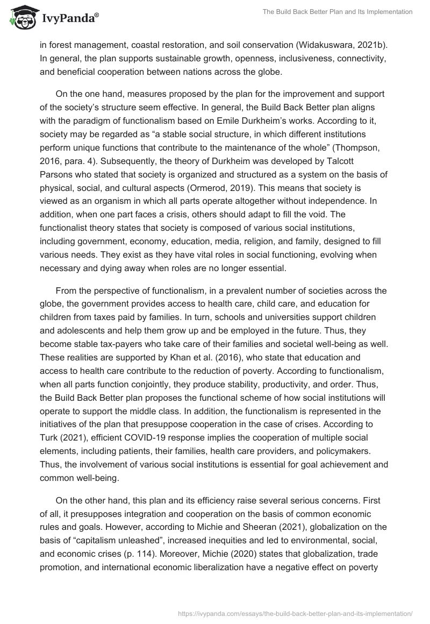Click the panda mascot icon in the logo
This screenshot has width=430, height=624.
pyautogui.click(x=20, y=19)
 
